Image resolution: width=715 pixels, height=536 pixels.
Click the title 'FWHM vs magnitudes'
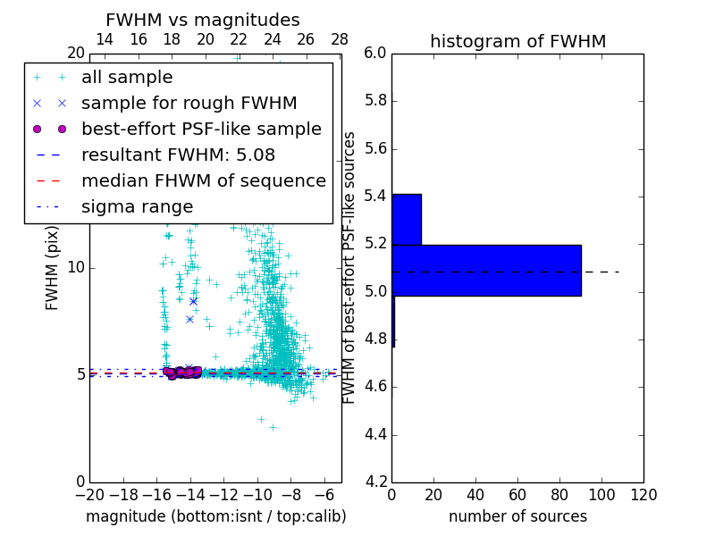(x=203, y=21)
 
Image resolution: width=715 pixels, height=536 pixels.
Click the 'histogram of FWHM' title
(x=517, y=42)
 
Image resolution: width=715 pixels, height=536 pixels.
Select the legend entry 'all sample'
(x=127, y=78)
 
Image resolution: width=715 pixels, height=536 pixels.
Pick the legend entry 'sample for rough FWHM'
(x=189, y=103)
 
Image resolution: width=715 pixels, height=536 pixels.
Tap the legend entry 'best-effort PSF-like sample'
(x=201, y=129)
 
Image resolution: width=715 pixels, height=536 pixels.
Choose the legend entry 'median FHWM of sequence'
(x=203, y=180)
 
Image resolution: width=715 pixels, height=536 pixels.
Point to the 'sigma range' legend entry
(x=137, y=206)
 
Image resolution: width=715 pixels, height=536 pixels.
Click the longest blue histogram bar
(x=486, y=270)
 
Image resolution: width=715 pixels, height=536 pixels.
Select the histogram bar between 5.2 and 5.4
(x=407, y=219)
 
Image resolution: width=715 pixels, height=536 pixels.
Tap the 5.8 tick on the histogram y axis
(x=376, y=101)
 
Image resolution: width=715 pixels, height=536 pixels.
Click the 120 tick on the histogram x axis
(x=643, y=494)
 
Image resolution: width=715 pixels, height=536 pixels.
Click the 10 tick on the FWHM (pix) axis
(x=76, y=268)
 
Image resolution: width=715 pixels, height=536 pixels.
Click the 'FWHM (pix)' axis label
(x=53, y=268)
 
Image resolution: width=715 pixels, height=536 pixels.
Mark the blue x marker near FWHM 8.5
(x=193, y=301)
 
